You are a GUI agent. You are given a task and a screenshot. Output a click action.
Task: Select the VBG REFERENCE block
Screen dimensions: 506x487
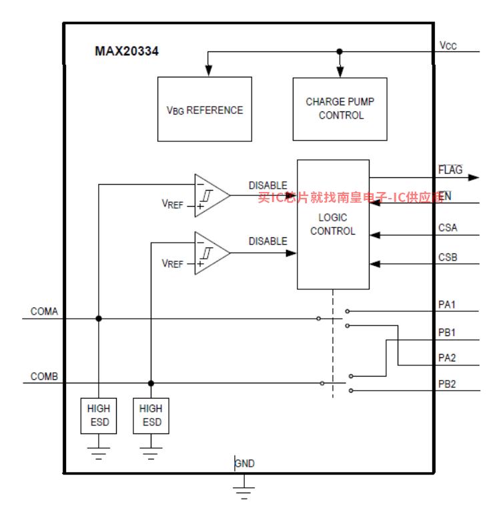(x=204, y=109)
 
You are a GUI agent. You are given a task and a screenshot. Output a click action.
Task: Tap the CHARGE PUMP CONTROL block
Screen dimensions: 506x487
(x=340, y=109)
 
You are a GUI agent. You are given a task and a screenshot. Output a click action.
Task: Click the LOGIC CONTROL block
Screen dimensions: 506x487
(x=333, y=224)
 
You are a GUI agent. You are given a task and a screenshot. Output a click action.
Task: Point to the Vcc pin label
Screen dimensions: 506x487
(x=448, y=45)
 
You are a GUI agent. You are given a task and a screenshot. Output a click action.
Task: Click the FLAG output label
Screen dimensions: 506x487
(x=450, y=170)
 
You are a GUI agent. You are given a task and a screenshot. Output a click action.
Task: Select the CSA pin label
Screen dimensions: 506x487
(x=448, y=228)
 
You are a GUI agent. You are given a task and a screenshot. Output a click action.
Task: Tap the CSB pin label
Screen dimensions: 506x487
(x=448, y=257)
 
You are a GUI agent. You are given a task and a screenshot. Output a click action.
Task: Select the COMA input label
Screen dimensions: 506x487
(x=44, y=311)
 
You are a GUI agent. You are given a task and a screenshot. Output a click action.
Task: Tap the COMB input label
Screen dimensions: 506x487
(x=44, y=377)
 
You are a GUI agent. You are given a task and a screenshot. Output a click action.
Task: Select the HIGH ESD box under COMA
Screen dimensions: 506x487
(x=98, y=415)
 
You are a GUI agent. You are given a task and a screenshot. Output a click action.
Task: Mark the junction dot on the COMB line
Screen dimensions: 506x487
(x=151, y=383)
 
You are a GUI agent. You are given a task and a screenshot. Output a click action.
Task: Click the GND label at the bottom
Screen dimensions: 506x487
(x=245, y=463)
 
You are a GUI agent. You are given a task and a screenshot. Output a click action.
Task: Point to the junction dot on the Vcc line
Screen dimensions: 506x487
(x=340, y=51)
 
